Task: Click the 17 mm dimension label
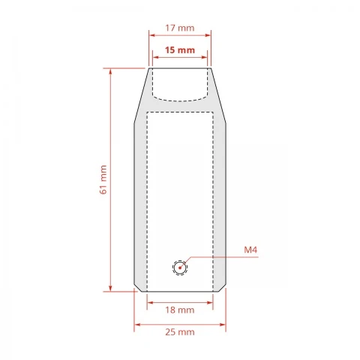pyautogui.click(x=180, y=28)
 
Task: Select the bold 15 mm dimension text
pyautogui.click(x=180, y=50)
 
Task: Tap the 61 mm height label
pyautogui.click(x=103, y=179)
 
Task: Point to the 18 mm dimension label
pyautogui.click(x=180, y=310)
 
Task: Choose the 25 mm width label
pyautogui.click(x=180, y=332)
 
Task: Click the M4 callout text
pyautogui.click(x=250, y=250)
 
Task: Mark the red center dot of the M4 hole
pyautogui.click(x=180, y=268)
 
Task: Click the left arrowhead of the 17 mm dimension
pyautogui.click(x=152, y=35)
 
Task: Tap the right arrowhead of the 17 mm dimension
pyautogui.click(x=208, y=35)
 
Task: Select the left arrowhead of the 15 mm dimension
pyautogui.click(x=156, y=57)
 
